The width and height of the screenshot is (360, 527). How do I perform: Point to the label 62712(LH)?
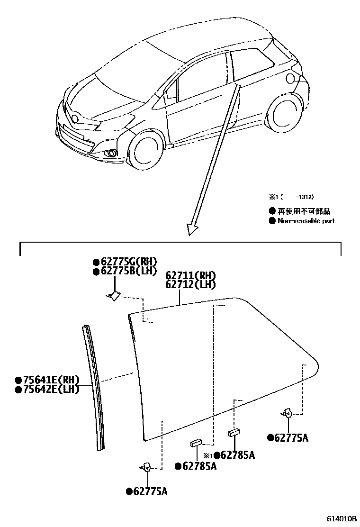click(191, 285)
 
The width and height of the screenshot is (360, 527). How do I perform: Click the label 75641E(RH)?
click(47, 380)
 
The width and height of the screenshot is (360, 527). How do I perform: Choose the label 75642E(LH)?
click(47, 389)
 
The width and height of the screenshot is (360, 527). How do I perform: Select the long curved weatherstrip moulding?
click(94, 386)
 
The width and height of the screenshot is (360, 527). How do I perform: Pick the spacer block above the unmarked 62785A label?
click(196, 443)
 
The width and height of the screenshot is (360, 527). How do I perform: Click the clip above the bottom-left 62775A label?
click(146, 468)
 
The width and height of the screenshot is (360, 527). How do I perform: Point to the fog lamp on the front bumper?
click(112, 153)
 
